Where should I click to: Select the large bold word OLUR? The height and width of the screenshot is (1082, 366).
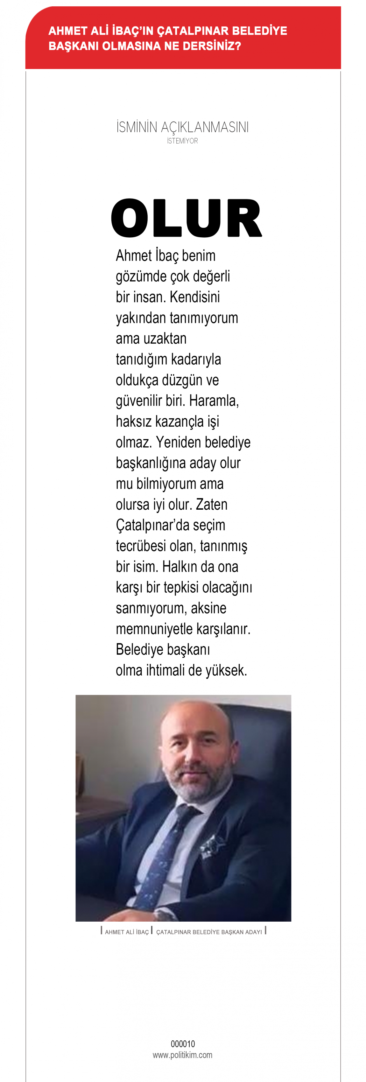[x=186, y=219]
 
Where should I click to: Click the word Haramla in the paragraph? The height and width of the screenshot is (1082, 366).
[x=214, y=401]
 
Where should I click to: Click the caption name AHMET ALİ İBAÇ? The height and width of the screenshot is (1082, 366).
[x=126, y=932]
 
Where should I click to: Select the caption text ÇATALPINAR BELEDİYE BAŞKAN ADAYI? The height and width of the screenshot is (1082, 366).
[x=209, y=932]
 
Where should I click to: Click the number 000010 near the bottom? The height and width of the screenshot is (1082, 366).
[x=183, y=1044]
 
